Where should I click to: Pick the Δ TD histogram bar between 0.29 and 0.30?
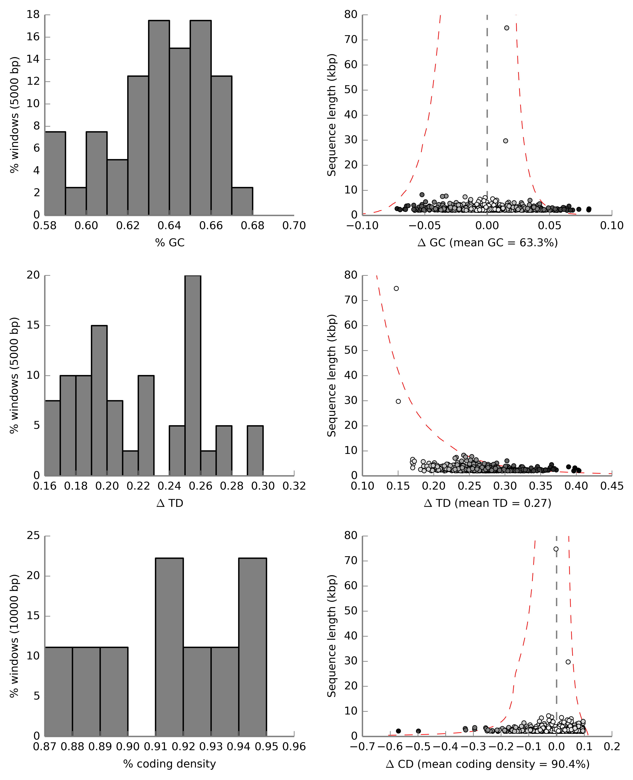click(255, 451)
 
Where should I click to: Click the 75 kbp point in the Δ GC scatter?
click(506, 28)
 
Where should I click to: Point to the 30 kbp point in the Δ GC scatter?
click(505, 141)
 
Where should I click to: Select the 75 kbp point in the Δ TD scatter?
click(396, 289)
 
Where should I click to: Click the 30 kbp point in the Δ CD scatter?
click(568, 662)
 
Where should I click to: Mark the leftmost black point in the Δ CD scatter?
click(399, 731)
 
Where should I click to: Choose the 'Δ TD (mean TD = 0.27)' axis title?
click(488, 503)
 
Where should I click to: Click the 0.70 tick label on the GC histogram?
click(294, 226)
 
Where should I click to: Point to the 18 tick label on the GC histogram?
click(33, 15)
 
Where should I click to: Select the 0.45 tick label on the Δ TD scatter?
click(611, 486)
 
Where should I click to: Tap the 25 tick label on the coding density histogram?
click(33, 536)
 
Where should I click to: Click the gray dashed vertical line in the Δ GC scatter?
click(487, 110)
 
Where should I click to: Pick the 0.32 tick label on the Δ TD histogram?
click(294, 486)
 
